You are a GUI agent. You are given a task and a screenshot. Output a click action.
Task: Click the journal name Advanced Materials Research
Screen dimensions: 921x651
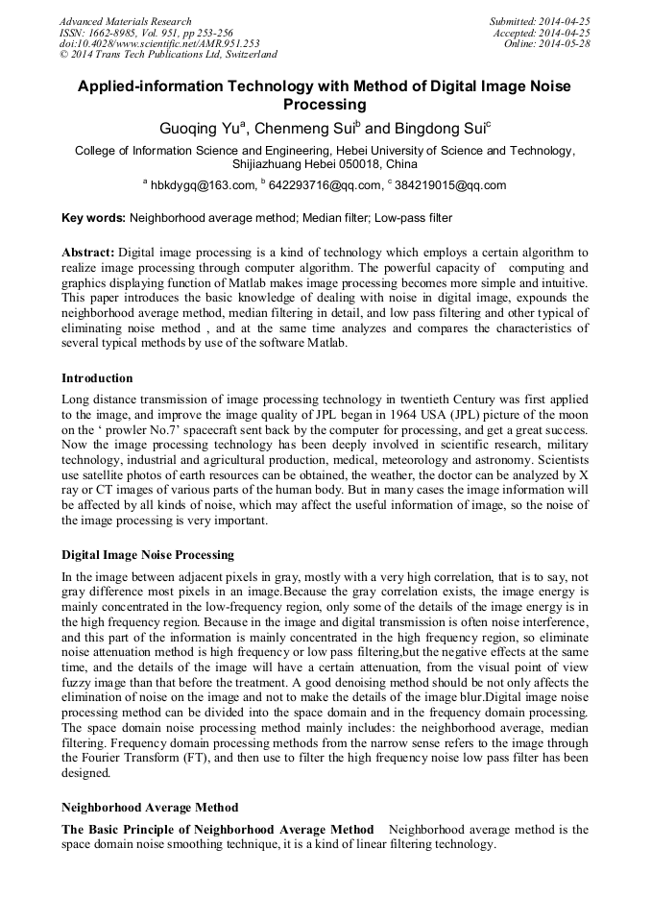coord(125,21)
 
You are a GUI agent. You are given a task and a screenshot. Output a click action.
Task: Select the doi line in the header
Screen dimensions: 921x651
coord(159,44)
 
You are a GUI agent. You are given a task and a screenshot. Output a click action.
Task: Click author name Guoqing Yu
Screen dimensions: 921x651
coord(197,129)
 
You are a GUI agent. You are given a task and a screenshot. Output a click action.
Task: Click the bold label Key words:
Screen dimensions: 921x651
coord(93,218)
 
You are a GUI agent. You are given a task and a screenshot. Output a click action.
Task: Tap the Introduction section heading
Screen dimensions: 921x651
coord(97,377)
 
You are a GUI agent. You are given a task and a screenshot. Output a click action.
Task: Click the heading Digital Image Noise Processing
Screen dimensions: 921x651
coord(148,555)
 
